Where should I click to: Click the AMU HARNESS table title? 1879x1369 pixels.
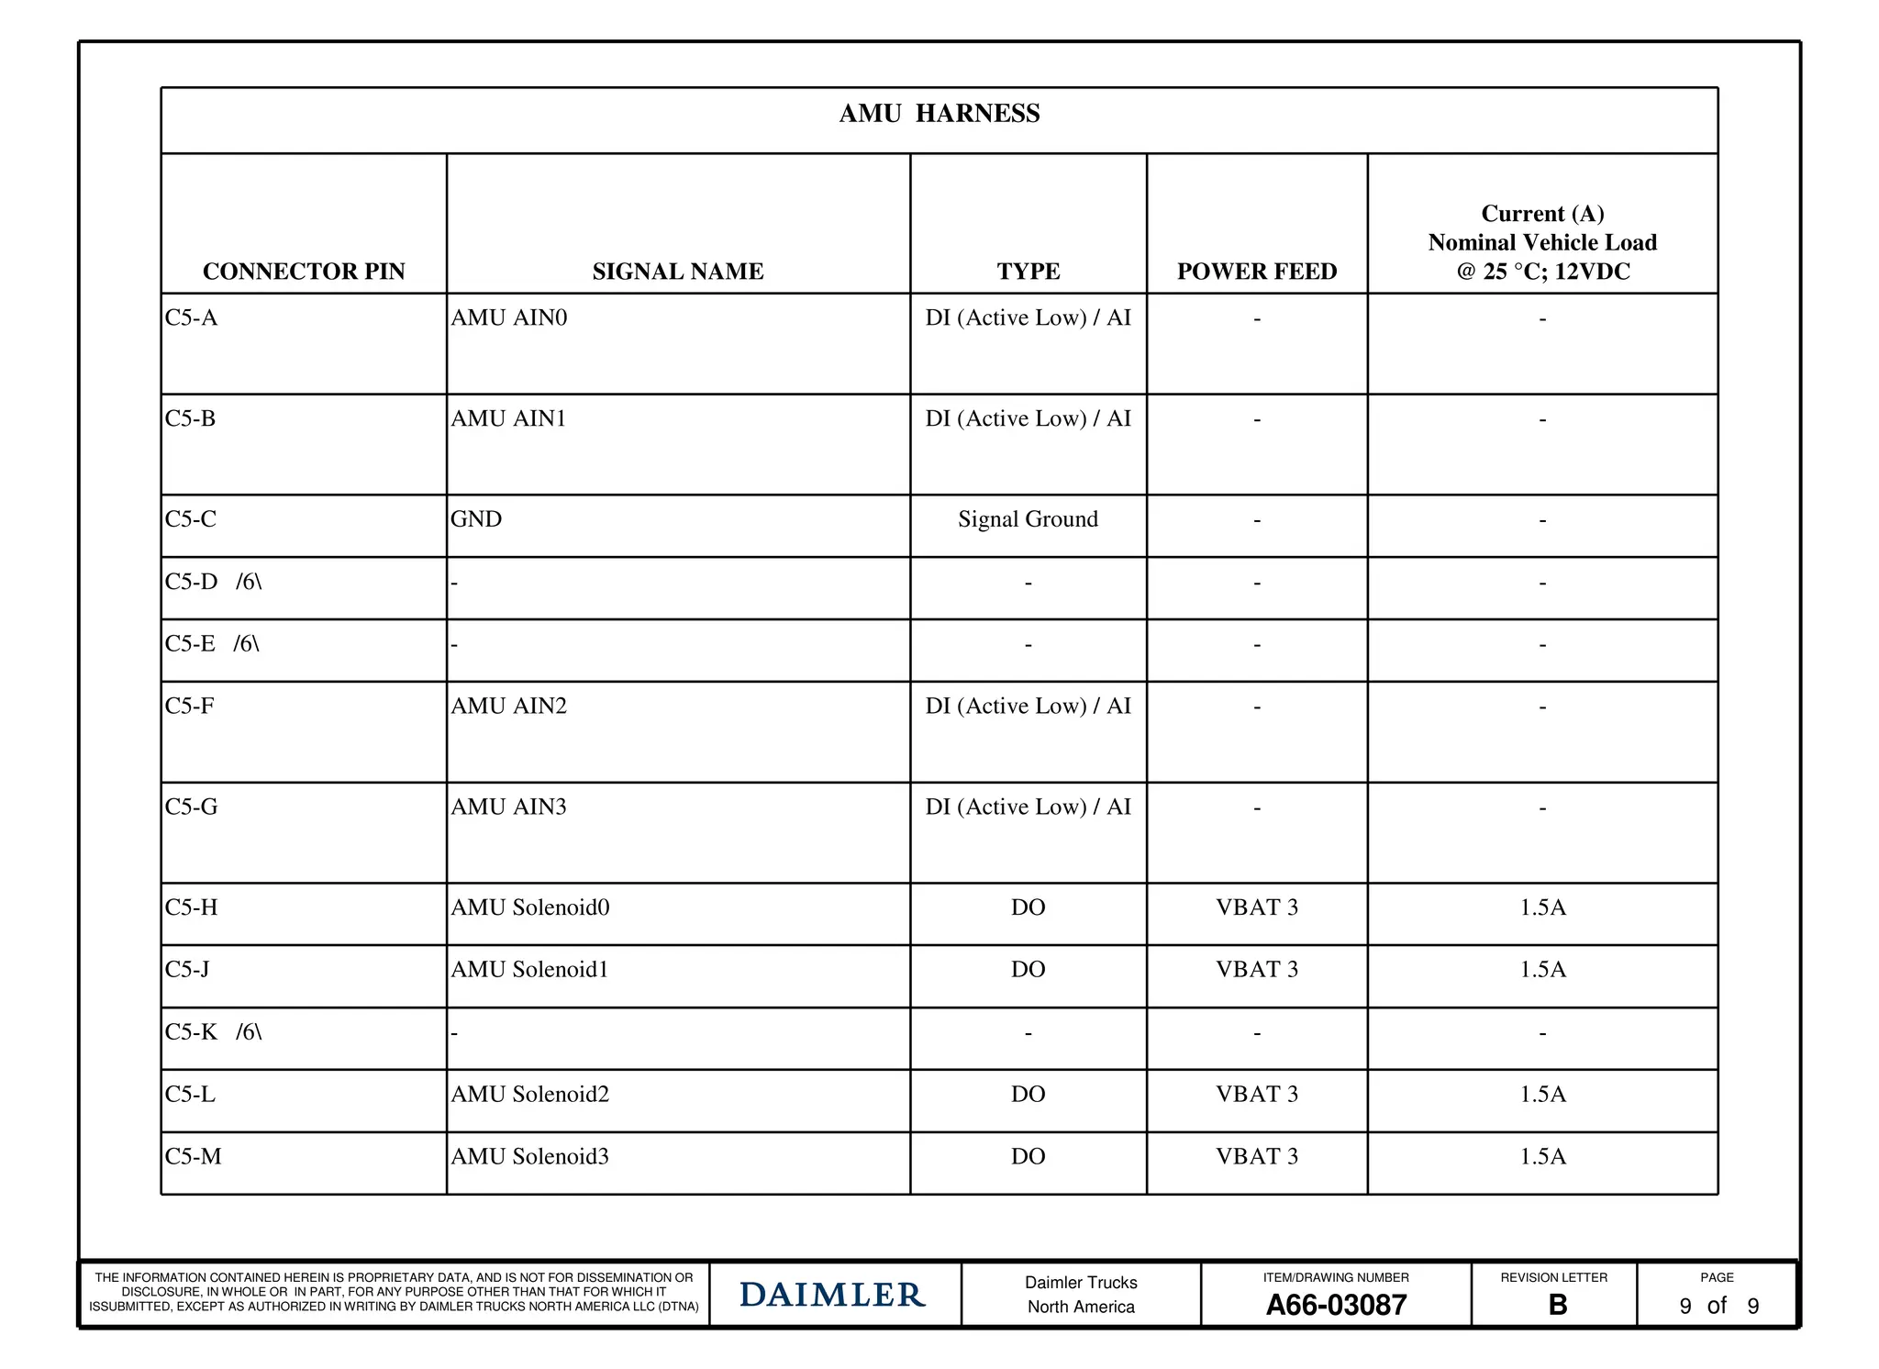(939, 114)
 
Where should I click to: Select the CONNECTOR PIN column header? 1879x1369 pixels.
(304, 272)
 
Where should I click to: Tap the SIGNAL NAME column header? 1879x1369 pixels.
(678, 272)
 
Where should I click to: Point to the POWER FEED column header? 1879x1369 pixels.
(1257, 272)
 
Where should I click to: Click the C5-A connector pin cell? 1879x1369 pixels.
(192, 318)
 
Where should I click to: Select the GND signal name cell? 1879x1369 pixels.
(476, 519)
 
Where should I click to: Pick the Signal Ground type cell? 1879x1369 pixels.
(1028, 519)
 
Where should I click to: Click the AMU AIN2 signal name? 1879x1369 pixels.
(508, 707)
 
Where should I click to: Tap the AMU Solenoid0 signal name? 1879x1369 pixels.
(529, 907)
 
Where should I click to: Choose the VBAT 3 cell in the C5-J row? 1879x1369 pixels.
(1257, 970)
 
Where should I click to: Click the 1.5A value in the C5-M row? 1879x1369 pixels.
(1542, 1157)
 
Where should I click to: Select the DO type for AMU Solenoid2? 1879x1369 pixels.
(1028, 1095)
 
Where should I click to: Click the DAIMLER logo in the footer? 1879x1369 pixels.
(832, 1295)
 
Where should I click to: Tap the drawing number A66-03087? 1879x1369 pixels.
(1336, 1305)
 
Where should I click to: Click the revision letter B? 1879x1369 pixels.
(1557, 1305)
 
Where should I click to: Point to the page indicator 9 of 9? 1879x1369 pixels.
(1718, 1306)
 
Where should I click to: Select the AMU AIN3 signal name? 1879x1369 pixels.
(508, 807)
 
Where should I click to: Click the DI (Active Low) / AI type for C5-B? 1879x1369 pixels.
(1028, 419)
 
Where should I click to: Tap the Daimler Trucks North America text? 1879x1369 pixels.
(1081, 1295)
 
